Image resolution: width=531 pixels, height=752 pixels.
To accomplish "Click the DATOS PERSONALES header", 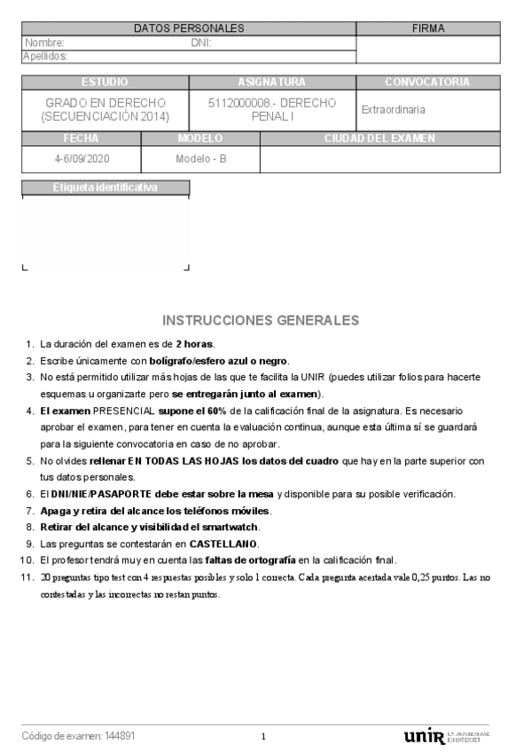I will pos(188,28).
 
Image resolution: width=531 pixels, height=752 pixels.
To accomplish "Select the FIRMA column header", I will pos(428,28).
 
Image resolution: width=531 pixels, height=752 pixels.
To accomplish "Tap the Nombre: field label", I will pos(44,43).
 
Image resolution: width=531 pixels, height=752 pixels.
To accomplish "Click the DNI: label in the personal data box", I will pos(200,43).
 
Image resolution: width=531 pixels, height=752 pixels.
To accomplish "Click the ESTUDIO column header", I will pos(105,82).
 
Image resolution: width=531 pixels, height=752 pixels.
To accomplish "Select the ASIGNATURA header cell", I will pos(271,82).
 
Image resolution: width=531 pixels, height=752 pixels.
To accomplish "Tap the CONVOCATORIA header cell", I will pos(427,82).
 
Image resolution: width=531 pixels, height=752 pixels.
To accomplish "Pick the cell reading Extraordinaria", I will pos(394,110).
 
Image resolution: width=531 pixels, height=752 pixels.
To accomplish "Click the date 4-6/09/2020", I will pos(80,159).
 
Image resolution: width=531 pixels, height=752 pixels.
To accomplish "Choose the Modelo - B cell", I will pos(200,159).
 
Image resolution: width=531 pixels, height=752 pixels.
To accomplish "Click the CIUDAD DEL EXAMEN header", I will pos(379,138).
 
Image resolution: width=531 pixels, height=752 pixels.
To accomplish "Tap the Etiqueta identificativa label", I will pos(105,187).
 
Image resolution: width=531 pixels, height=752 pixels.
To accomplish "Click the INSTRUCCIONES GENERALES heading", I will pos(262,320).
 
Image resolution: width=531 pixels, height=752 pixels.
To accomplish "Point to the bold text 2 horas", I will pos(195,344).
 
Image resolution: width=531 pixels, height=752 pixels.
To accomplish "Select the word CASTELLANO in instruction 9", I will pos(223,544).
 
